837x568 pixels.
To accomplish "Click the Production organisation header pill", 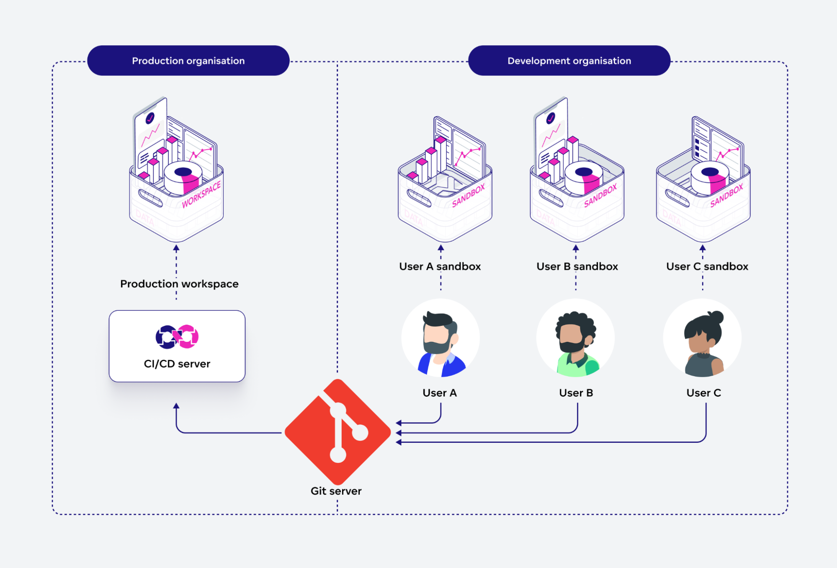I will (x=188, y=61).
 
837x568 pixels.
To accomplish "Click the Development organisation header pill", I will (x=569, y=61).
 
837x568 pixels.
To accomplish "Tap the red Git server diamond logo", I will (x=337, y=432).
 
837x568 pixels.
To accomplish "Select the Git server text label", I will (x=336, y=491).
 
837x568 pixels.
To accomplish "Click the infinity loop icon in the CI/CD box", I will (x=177, y=336).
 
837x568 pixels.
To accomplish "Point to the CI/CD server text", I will (x=177, y=364).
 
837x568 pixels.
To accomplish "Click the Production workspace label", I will (x=179, y=284).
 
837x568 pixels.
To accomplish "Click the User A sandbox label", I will (x=440, y=266).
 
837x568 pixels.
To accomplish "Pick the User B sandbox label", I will (x=577, y=266).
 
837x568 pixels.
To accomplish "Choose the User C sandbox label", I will (x=707, y=266).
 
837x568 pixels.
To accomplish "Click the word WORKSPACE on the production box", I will (x=201, y=195).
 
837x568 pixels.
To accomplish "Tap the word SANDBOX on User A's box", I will (x=468, y=196).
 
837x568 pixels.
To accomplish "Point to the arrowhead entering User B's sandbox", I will (x=576, y=248).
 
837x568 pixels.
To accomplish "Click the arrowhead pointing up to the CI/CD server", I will (x=176, y=405).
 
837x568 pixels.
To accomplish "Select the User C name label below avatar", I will (x=703, y=393).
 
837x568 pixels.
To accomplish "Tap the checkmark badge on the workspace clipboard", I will (x=150, y=119).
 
